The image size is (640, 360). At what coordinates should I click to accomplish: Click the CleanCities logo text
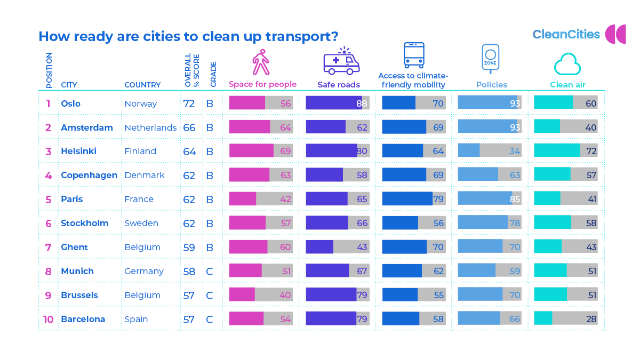[566, 35]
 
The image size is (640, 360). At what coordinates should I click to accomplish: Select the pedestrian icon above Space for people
[261, 62]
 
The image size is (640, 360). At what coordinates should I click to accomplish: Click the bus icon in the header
[414, 55]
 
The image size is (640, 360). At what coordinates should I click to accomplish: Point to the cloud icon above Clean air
[567, 65]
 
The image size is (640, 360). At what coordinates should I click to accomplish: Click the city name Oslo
[70, 103]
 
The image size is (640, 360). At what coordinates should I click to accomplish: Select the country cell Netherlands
[150, 127]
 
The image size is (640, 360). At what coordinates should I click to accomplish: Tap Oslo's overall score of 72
[189, 103]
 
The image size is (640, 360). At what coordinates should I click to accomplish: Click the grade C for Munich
[210, 271]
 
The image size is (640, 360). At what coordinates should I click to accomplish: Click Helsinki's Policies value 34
[514, 151]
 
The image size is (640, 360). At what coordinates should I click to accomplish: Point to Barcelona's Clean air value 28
[590, 319]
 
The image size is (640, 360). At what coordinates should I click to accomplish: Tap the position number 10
[48, 319]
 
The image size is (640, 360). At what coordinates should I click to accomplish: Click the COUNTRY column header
[142, 85]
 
